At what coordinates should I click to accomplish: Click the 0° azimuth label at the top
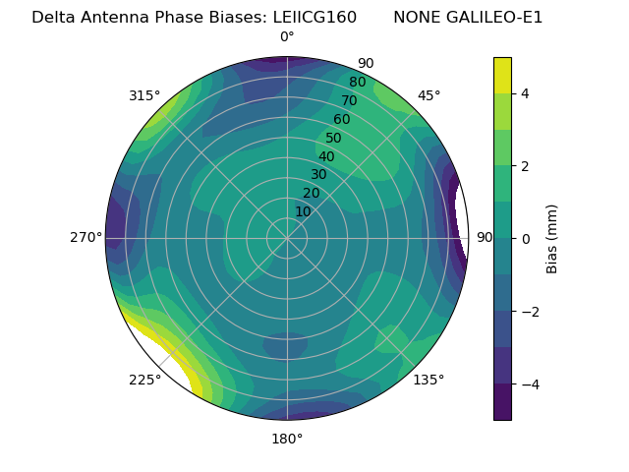(287, 37)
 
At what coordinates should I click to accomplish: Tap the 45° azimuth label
(429, 95)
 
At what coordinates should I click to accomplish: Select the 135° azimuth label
(429, 380)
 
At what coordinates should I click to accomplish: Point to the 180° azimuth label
(287, 439)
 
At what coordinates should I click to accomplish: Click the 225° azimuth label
(144, 380)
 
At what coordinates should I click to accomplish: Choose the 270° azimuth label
(86, 237)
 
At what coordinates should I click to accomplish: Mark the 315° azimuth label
(144, 95)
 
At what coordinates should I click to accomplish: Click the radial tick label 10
(303, 211)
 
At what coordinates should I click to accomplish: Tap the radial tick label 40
(326, 156)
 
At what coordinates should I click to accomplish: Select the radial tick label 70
(350, 100)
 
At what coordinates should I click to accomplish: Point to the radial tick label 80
(357, 83)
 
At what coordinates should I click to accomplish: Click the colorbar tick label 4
(525, 93)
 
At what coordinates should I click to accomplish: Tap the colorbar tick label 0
(525, 239)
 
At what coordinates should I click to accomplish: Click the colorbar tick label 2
(525, 166)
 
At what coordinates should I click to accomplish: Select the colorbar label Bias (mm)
(552, 239)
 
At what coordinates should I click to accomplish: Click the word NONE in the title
(415, 18)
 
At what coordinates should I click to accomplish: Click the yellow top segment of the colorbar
(502, 75)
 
